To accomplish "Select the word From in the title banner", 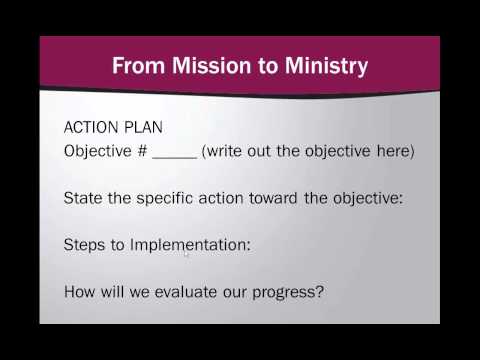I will (134, 68).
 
